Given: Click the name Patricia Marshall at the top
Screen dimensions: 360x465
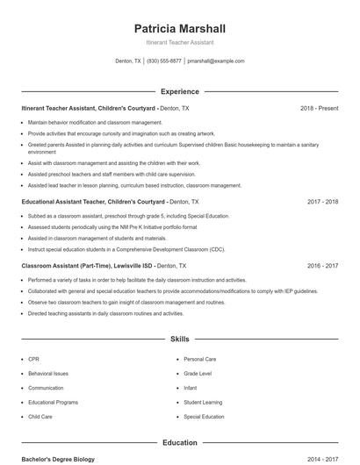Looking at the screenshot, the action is [179, 28].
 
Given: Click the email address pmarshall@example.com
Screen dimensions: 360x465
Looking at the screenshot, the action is [216, 61].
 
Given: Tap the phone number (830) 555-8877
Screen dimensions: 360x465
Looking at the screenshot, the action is [164, 61].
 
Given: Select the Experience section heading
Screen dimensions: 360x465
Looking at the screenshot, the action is [179, 91].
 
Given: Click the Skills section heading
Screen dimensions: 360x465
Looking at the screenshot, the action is [179, 338].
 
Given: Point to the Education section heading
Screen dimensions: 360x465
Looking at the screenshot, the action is [179, 443].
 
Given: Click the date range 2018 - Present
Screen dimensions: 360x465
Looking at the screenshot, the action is [319, 108].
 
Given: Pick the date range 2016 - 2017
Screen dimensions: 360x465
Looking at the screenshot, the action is [322, 265].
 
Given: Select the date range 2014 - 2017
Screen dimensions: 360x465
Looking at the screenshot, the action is [322, 459].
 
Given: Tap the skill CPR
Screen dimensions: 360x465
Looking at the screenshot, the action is [33, 359].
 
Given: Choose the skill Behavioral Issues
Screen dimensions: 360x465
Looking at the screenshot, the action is [47, 373].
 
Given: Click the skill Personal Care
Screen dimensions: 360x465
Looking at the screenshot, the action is [199, 359].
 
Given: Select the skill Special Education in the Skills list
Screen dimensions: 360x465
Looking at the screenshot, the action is [204, 417].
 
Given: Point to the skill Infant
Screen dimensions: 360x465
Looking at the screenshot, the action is [191, 388].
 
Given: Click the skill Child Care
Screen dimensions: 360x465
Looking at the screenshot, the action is [40, 417].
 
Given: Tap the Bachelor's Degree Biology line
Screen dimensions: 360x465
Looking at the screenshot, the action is [58, 459].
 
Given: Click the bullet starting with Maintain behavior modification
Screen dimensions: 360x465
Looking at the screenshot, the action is [95, 122].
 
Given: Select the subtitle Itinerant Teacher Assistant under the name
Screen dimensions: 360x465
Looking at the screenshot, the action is [179, 42].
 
